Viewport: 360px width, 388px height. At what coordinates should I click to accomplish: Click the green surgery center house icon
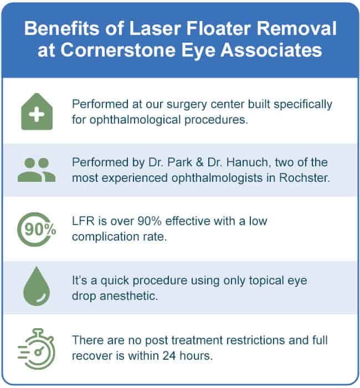(x=37, y=111)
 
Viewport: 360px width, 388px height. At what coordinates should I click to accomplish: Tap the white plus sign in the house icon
(x=37, y=114)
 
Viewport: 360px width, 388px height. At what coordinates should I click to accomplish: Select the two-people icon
(x=37, y=170)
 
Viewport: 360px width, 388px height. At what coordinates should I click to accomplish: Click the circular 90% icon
(x=37, y=229)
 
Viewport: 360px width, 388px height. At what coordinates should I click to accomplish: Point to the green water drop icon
(x=37, y=286)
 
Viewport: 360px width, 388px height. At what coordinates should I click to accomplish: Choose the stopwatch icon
(x=37, y=349)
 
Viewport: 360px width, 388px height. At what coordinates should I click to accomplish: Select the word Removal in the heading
(x=296, y=28)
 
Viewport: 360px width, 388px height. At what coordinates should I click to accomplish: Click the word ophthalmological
(x=135, y=120)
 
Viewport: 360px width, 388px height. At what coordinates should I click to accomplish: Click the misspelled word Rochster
(x=305, y=178)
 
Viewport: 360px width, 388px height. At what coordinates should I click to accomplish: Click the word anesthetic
(x=128, y=296)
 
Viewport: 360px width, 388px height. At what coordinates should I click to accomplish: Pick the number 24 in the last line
(x=169, y=356)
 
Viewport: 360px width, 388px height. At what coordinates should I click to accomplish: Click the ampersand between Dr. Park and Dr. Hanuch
(x=199, y=162)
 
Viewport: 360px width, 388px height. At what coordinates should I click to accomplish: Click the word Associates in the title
(x=271, y=50)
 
